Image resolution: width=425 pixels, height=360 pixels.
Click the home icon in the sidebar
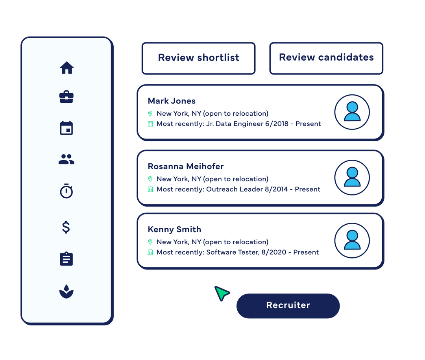coord(67,68)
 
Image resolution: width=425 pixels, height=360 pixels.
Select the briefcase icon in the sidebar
coord(67,97)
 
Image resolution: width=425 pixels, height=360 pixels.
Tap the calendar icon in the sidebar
coord(67,128)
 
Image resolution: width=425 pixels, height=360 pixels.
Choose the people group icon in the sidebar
coord(67,159)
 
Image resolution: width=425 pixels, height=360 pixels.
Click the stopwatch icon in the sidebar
coord(67,191)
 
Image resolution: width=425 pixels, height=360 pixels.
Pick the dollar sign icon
coord(66,227)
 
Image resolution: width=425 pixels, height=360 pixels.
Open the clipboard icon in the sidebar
coord(67,259)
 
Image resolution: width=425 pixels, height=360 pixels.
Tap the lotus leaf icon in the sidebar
coord(67,291)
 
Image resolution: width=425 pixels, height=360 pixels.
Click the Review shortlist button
coord(199,58)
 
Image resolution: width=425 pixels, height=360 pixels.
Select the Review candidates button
coord(326,57)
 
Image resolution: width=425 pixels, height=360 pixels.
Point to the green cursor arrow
coord(222,293)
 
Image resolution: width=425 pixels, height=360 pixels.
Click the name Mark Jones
coord(172,101)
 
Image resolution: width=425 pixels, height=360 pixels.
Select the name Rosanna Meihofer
coord(186,166)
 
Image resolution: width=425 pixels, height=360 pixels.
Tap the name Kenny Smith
coord(174,229)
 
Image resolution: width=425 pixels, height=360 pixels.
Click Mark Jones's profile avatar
coord(352,112)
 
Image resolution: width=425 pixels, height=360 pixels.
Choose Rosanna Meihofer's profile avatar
coord(352,177)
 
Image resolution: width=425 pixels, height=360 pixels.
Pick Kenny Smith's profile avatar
coord(352,240)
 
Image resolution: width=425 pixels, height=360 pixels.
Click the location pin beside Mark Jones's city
coord(150,114)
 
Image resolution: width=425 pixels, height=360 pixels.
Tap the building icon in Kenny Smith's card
coord(150,252)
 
